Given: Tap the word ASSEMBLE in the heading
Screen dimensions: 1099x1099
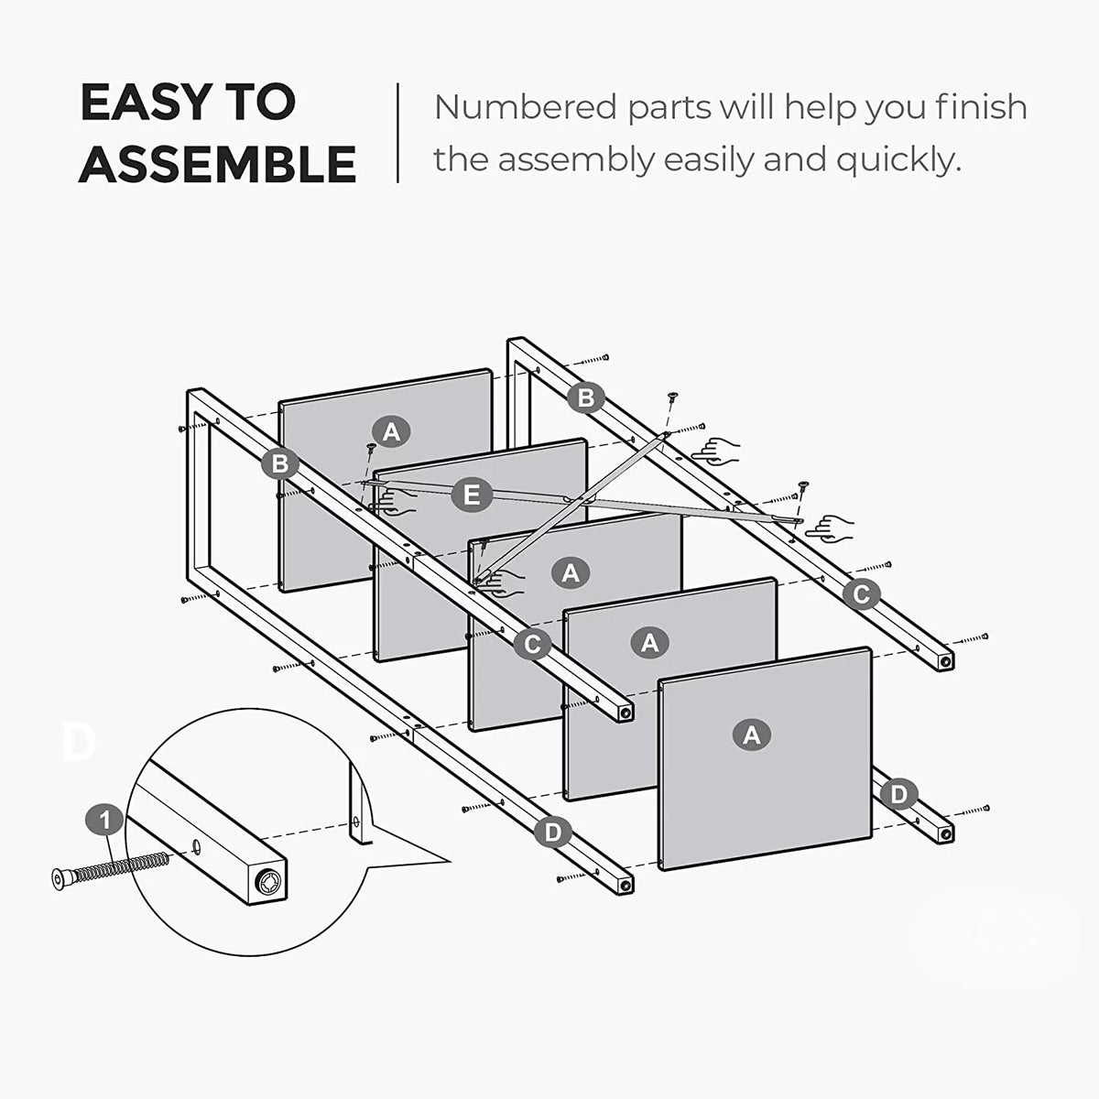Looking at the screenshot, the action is [217, 164].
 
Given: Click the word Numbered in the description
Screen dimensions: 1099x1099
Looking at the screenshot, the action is [526, 107].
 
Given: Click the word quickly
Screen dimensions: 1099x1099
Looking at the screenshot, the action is [898, 161].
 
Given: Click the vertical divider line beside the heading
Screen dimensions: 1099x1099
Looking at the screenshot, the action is [397, 133].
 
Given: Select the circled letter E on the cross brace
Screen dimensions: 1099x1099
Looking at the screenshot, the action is [472, 495].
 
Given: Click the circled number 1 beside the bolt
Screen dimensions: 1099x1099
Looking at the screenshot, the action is [105, 821].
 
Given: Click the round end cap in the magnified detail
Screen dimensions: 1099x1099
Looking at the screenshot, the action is [268, 884].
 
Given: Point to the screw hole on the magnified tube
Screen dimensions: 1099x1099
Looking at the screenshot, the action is [197, 847].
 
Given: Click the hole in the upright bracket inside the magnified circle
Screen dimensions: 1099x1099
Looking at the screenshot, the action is [356, 822].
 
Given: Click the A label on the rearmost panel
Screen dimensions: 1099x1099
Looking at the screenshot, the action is [391, 431].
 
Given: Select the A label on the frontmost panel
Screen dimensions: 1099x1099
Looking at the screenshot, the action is [752, 735].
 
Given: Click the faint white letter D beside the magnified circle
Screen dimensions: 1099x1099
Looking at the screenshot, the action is [79, 742].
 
